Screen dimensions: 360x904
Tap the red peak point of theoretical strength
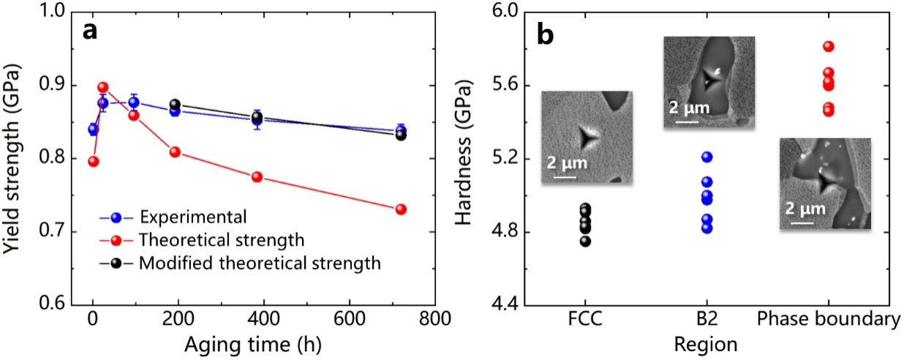pos(102,88)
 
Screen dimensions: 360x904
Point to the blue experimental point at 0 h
pos(93,130)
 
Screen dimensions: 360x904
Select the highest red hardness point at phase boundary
pos(828,46)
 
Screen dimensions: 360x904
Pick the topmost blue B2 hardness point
pos(706,157)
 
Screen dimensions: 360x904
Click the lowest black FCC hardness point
pos(585,241)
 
